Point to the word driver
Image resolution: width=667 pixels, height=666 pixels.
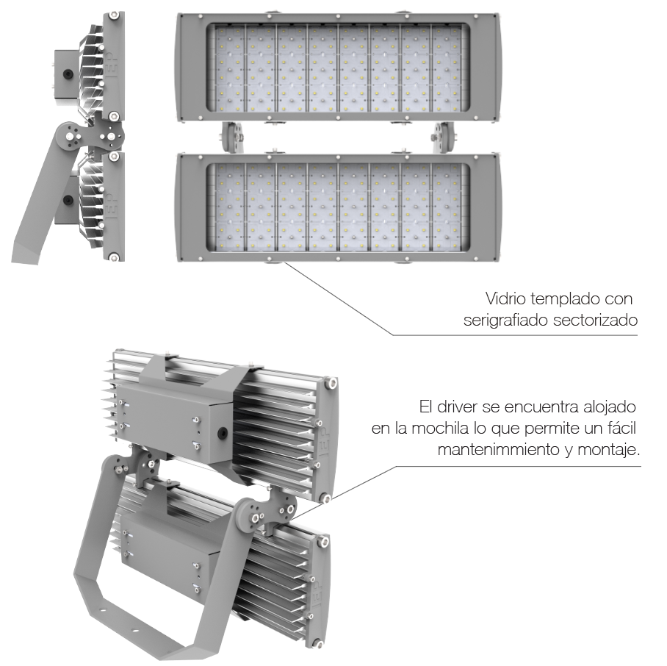457,407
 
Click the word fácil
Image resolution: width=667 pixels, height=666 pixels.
622,428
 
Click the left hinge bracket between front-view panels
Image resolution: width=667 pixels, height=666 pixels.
231,137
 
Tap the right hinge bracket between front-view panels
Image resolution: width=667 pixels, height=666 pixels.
444,137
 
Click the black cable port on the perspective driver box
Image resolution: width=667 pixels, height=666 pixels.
222,434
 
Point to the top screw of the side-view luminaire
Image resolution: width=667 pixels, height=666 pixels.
114,15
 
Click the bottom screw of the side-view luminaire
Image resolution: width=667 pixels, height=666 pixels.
114,257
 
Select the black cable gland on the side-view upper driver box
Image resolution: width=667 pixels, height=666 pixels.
68,74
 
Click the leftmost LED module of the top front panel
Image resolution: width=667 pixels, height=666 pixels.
230,68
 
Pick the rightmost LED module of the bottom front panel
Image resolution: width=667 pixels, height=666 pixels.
447,207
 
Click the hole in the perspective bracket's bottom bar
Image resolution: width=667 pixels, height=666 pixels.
135,630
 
